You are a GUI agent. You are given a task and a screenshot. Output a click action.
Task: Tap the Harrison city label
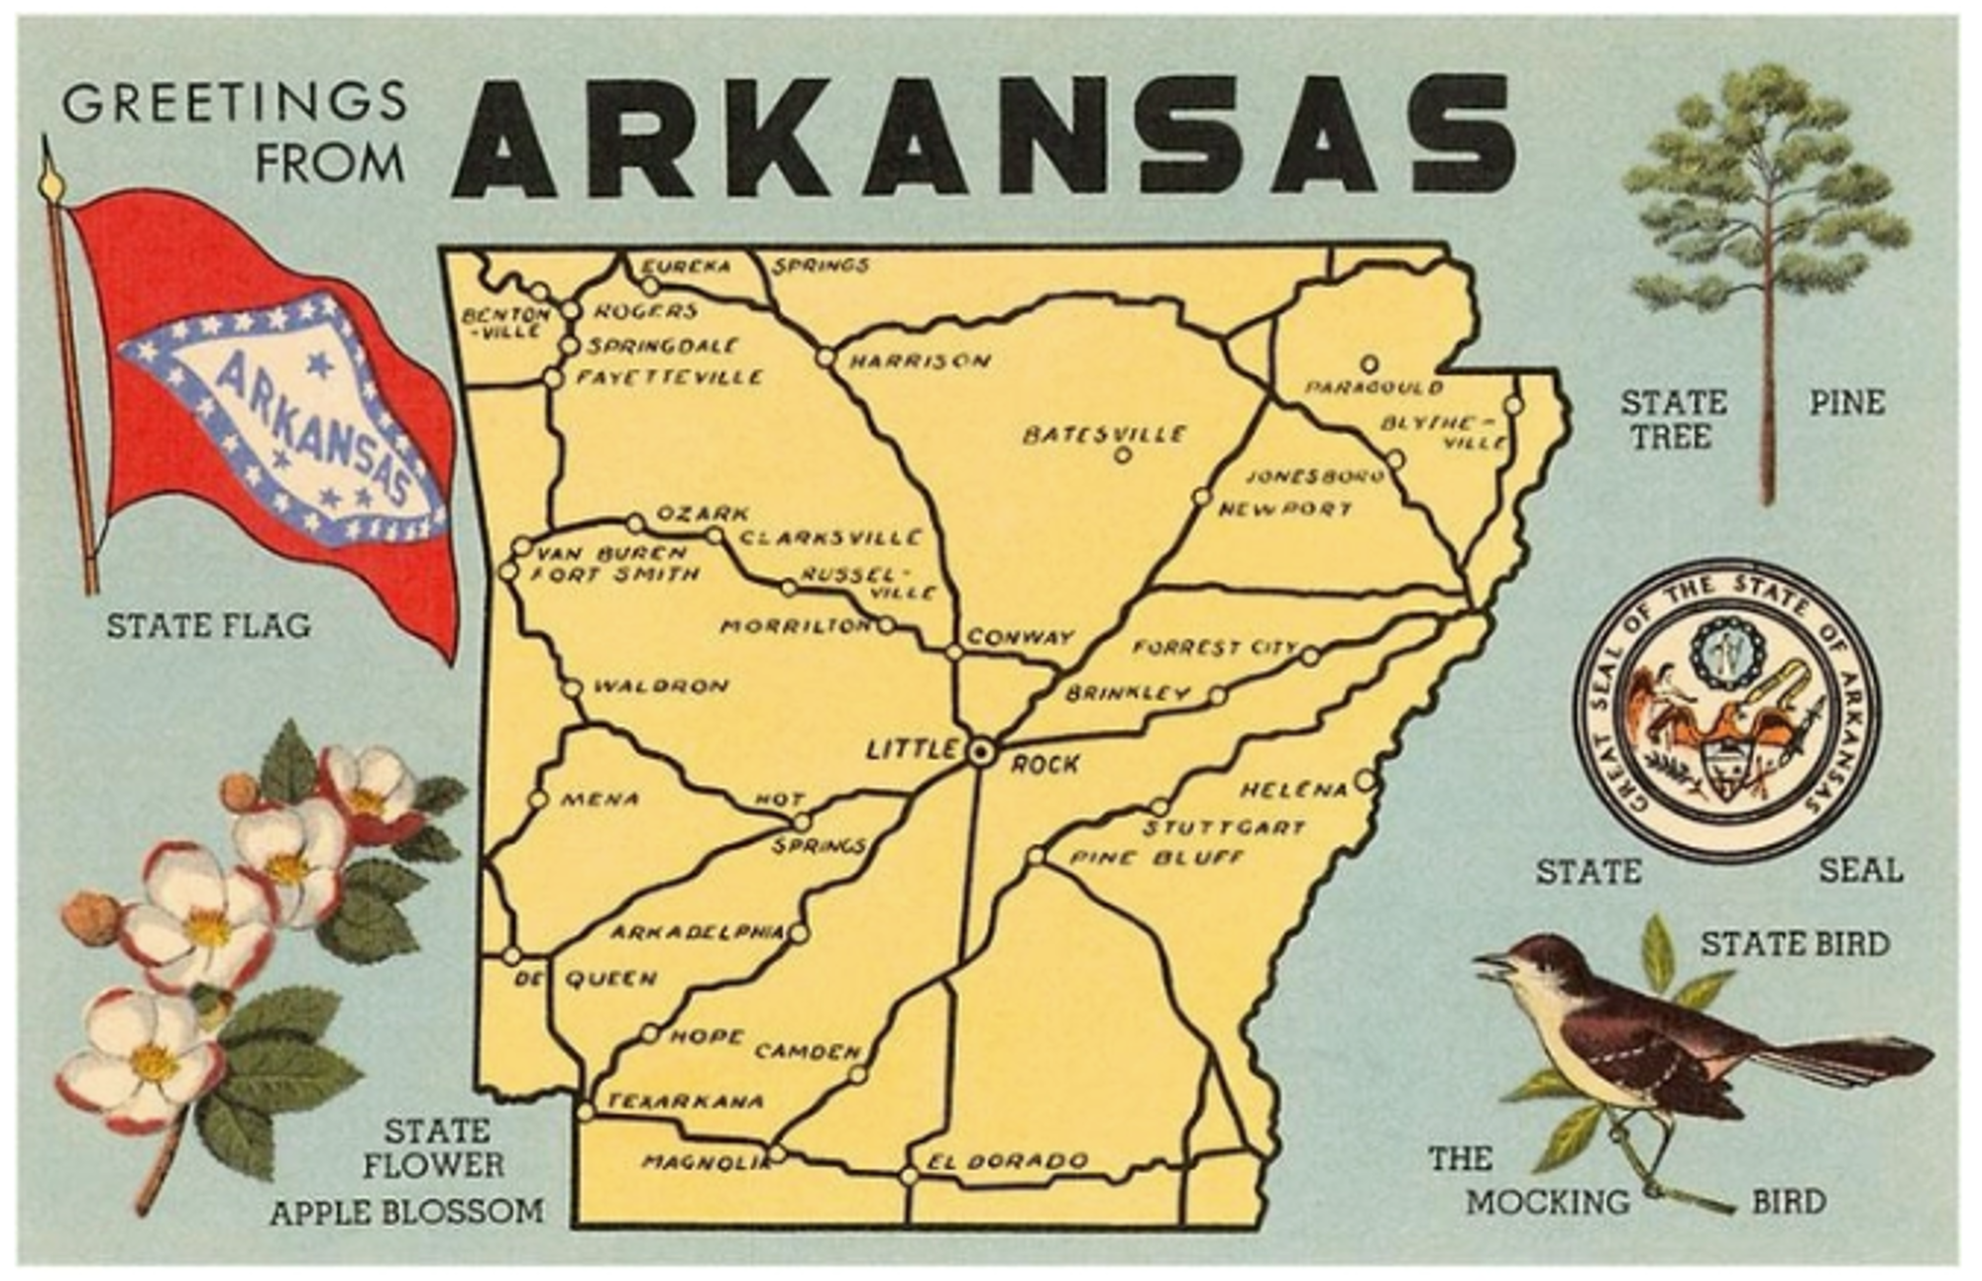(x=920, y=362)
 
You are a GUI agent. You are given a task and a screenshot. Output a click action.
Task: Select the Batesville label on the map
(x=1104, y=435)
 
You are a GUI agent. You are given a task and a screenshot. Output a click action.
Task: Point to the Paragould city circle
(x=1370, y=364)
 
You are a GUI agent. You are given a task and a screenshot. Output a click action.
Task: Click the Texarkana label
(x=685, y=1101)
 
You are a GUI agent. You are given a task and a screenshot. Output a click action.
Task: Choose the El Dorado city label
(x=1008, y=1160)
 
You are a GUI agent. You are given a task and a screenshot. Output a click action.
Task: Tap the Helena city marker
(x=1365, y=781)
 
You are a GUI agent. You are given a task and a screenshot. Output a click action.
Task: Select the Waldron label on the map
(x=660, y=686)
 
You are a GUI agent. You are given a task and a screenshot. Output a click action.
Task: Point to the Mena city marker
(x=538, y=799)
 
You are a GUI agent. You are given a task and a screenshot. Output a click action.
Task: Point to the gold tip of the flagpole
(x=51, y=183)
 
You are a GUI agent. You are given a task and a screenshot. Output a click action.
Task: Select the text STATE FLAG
(x=208, y=626)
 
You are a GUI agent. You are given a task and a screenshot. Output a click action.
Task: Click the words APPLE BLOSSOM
(x=407, y=1212)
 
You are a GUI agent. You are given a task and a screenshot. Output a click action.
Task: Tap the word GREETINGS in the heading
(x=235, y=102)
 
